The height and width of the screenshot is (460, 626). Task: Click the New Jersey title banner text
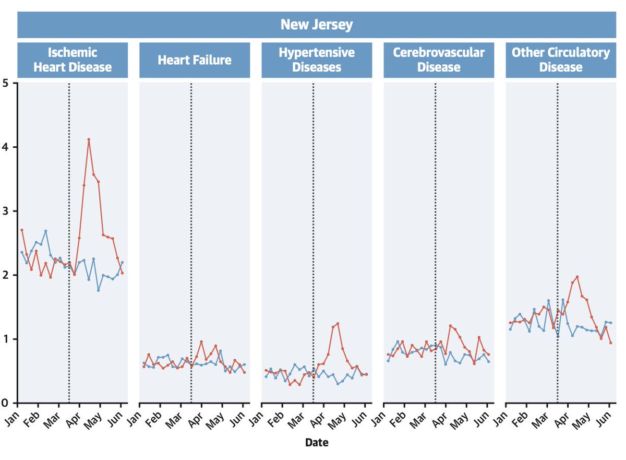click(316, 25)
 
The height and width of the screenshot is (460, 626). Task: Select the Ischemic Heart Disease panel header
click(73, 60)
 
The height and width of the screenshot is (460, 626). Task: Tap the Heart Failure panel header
click(195, 60)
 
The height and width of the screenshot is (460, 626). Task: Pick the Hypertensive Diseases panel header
click(317, 60)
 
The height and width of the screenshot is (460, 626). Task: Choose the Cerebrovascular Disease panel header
click(439, 60)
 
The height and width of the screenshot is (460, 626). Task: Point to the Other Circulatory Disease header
click(561, 60)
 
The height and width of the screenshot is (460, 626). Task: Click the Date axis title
click(317, 443)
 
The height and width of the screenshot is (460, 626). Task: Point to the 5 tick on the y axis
click(7, 83)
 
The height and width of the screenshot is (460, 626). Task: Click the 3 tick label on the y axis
click(7, 211)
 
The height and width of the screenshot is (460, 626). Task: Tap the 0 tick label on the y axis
click(7, 403)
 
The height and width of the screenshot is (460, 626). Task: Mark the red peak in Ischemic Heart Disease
click(89, 139)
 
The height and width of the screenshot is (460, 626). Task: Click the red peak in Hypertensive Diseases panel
click(338, 323)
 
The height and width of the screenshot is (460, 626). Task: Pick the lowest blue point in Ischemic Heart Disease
click(98, 290)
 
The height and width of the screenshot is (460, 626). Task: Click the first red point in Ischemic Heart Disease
click(21, 230)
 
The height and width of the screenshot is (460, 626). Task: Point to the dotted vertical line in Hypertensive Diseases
click(313, 235)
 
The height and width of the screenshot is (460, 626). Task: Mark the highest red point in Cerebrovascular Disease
click(450, 326)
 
